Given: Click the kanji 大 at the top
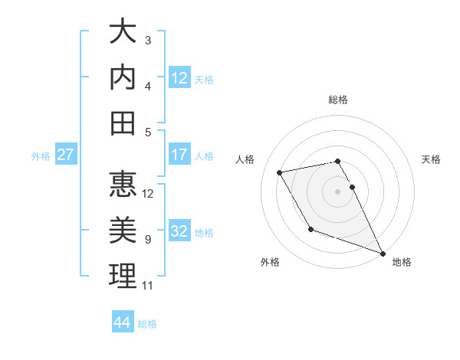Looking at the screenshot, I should [123, 32].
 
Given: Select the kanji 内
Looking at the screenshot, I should [123, 77].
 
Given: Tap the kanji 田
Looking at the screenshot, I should [123, 123].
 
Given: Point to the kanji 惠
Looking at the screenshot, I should [123, 184].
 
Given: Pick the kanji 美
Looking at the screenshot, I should [123, 230].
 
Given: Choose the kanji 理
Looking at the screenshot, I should [123, 276].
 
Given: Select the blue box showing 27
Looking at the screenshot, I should [66, 155].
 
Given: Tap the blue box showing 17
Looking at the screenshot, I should [179, 155].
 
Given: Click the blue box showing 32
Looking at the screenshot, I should [179, 232].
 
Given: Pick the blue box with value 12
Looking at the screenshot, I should [179, 78].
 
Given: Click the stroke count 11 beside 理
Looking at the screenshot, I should [148, 286].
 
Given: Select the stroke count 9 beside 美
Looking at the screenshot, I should [148, 240].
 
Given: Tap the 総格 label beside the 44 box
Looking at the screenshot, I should [147, 324].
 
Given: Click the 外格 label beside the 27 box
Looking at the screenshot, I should [41, 156].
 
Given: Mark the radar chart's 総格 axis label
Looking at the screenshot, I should [338, 100].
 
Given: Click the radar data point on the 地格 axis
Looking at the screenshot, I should [383, 254].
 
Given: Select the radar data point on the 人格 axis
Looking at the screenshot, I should [280, 173].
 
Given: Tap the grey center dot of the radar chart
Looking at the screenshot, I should [337, 191].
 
